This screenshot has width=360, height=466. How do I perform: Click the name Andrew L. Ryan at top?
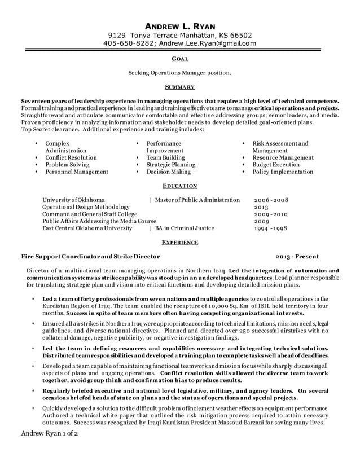pyautogui.click(x=180, y=26)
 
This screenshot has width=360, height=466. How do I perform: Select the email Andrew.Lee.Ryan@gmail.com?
pyautogui.click(x=207, y=43)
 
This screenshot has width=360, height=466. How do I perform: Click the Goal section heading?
pyautogui.click(x=180, y=59)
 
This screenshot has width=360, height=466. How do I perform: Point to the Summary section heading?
pyautogui.click(x=180, y=87)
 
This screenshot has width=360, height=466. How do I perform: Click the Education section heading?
pyautogui.click(x=180, y=186)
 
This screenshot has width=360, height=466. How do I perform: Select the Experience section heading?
pyautogui.click(x=180, y=242)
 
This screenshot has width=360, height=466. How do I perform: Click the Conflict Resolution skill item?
pyautogui.click(x=71, y=158)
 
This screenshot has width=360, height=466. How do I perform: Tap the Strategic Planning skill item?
pyautogui.click(x=171, y=165)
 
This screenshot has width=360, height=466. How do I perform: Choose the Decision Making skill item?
pyautogui.click(x=169, y=172)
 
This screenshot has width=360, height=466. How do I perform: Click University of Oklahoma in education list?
pyautogui.click(x=73, y=200)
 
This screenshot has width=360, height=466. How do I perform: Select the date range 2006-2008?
pyautogui.click(x=271, y=200)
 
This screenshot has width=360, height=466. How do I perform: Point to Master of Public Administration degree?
pyautogui.click(x=197, y=200)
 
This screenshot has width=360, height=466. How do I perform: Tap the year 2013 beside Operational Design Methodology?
pyautogui.click(x=262, y=207)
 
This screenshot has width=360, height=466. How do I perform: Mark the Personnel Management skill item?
pyautogui.click(x=76, y=172)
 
